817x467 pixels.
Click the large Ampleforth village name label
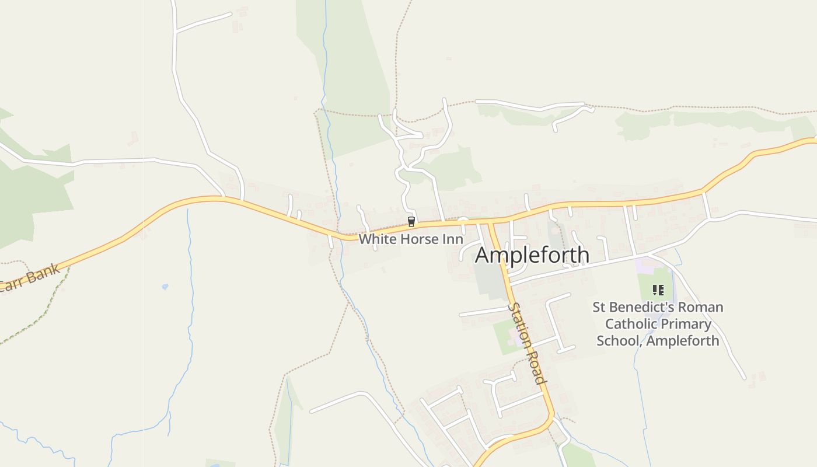tap(532, 255)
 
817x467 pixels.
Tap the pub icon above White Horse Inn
tap(411, 221)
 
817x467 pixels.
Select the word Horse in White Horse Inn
tap(418, 239)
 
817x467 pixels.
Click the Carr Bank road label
tap(29, 279)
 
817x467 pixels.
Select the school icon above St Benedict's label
tap(658, 290)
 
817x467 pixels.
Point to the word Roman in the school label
tap(703, 307)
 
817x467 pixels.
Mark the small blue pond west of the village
tap(165, 287)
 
